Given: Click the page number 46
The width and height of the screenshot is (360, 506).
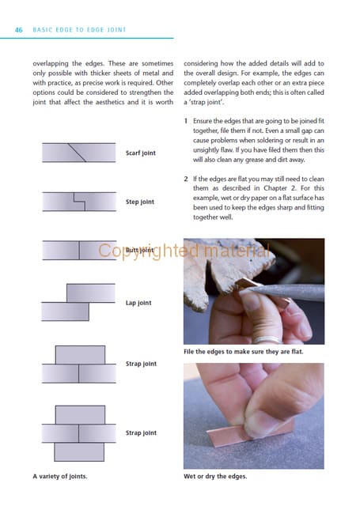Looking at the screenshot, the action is [x=19, y=30].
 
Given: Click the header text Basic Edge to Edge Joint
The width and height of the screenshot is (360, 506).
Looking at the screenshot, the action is [x=79, y=30].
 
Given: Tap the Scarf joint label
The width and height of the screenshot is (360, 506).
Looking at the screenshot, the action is [x=141, y=153].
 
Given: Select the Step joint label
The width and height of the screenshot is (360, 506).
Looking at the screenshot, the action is [x=140, y=202].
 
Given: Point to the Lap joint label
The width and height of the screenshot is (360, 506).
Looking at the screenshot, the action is [x=138, y=303].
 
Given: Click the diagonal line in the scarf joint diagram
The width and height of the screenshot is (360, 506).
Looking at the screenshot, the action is [x=78, y=153].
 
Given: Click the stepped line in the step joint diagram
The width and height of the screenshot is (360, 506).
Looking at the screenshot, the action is [x=79, y=202].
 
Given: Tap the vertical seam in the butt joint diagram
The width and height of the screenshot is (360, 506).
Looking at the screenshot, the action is [x=79, y=251].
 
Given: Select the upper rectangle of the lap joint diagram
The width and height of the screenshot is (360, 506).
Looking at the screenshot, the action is [x=91, y=293].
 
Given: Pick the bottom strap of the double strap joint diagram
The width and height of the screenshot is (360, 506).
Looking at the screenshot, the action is [x=79, y=451].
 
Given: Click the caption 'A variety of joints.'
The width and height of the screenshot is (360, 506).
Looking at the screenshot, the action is [x=60, y=476].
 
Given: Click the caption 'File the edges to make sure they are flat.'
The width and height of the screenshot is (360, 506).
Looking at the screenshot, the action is [x=244, y=352].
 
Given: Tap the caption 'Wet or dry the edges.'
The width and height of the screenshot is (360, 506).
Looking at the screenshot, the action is [x=215, y=476].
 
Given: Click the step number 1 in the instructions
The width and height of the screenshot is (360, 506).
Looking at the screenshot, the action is [x=186, y=121].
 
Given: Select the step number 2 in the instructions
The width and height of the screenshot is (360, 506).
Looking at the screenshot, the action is [x=186, y=179].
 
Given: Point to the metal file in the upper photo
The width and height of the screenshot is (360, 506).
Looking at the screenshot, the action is [x=287, y=292].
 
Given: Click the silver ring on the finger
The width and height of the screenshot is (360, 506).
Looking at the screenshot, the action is [x=267, y=339].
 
